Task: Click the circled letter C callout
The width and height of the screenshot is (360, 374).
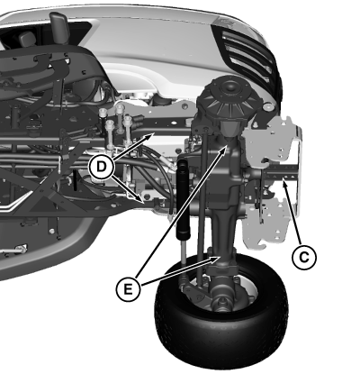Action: point(304,258)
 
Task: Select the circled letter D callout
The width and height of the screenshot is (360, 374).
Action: point(102,167)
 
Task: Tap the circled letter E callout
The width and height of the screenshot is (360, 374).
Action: point(128,289)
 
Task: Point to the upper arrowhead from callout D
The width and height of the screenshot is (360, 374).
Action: point(150,137)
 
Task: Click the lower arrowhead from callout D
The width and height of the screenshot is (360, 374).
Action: point(139,199)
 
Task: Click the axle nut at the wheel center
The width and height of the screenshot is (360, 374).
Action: point(222,303)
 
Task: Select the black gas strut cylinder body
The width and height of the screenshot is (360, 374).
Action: point(183,200)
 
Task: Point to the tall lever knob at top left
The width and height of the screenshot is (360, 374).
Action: point(58,29)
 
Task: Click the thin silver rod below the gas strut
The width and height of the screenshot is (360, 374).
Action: point(184,255)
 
